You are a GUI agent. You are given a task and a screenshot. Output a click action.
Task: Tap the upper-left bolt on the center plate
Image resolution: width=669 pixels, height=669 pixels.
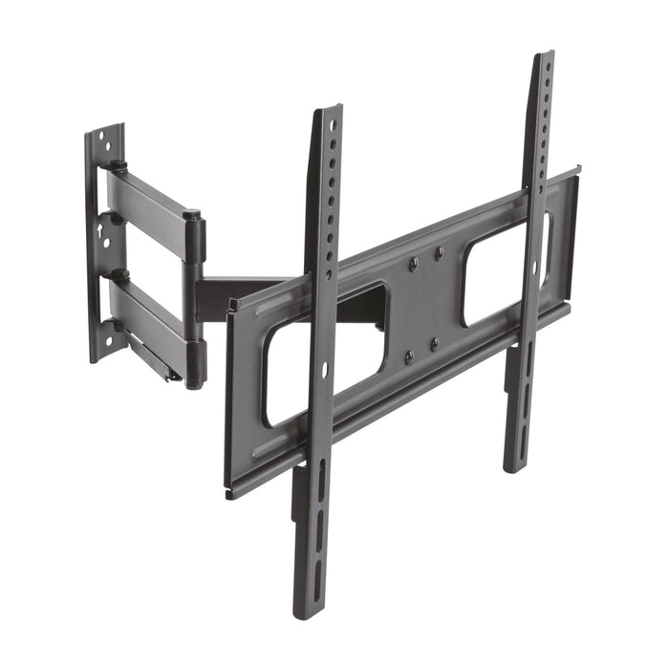coord(412,261)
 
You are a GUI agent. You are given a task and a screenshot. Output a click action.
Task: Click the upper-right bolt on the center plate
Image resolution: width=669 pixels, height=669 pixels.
coord(439,252)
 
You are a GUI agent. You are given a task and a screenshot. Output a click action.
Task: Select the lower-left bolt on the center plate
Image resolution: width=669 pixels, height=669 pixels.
coord(409,357)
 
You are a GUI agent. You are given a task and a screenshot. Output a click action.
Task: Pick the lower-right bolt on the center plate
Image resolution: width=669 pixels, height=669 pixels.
coord(435,344)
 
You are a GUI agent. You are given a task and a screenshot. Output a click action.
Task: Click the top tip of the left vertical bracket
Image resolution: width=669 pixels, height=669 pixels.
coord(327,111)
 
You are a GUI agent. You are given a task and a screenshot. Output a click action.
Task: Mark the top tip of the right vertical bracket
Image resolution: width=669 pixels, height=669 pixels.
coord(543,56)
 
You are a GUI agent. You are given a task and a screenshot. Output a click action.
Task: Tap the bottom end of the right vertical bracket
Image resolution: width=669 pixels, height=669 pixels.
coord(515,467)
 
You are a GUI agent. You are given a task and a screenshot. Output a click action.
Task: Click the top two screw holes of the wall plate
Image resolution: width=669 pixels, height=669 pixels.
coord(108,142)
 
